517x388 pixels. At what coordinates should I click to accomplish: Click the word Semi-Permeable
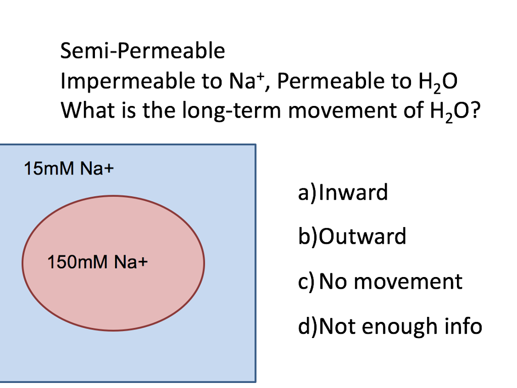(x=142, y=51)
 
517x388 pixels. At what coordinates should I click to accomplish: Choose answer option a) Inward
(x=343, y=192)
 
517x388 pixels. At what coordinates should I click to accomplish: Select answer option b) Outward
(x=352, y=236)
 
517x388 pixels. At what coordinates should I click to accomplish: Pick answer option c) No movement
(x=380, y=282)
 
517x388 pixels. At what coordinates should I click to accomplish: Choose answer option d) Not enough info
(x=390, y=326)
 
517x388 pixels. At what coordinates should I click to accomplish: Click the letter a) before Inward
(x=307, y=193)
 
